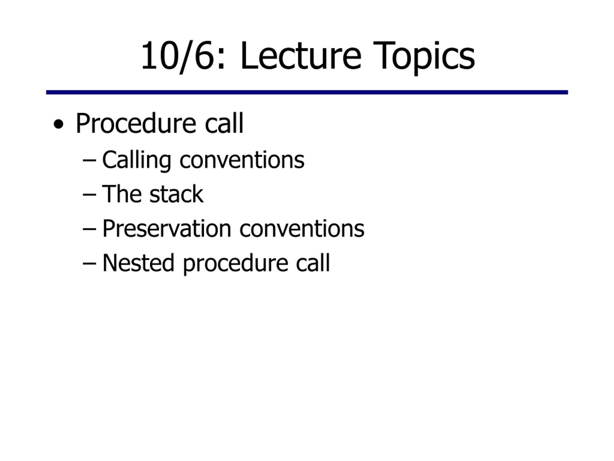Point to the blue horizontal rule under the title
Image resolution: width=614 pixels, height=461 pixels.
(307, 92)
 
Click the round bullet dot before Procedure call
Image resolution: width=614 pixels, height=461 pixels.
(58, 124)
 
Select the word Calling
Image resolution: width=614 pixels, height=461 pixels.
(136, 161)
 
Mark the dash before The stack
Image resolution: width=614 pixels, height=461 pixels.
(89, 195)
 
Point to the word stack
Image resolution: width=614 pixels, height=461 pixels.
(177, 194)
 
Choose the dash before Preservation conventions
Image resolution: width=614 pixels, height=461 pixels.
(89, 229)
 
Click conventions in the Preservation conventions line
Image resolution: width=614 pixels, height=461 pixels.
(302, 229)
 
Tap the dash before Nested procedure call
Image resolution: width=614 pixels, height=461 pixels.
(89, 264)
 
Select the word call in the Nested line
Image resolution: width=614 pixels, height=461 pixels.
(313, 262)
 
